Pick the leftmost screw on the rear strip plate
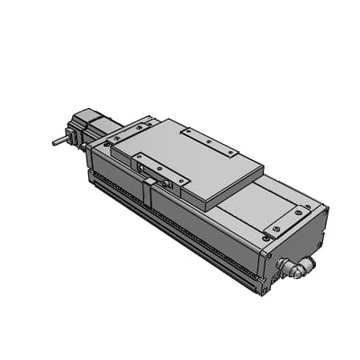pos(186,130)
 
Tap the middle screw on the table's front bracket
pos(158,167)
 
